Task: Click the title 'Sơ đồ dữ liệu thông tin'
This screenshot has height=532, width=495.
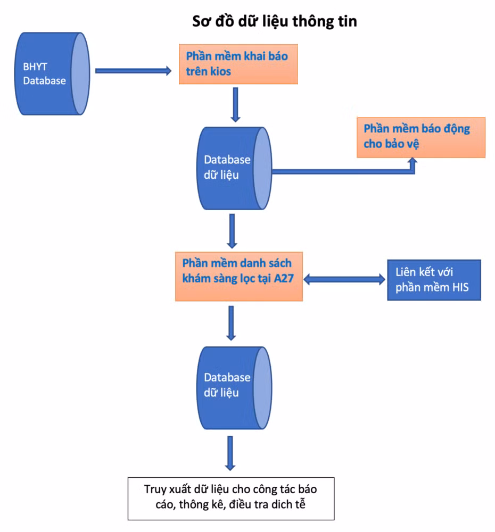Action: pos(274,21)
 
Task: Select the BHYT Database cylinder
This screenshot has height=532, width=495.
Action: pos(52,73)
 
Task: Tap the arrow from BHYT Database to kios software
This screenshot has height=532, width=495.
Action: pos(134,71)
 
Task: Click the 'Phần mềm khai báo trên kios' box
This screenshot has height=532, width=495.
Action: pos(238,64)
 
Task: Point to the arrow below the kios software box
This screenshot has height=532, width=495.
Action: pos(235,104)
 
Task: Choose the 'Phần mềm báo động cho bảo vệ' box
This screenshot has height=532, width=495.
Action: pos(421,137)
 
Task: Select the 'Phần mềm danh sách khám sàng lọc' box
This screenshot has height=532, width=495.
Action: pos(238,276)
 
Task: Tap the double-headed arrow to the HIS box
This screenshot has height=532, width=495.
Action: pos(344,280)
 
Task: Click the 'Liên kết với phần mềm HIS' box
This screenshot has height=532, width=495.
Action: pos(434,280)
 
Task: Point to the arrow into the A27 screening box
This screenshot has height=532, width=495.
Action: pos(232,231)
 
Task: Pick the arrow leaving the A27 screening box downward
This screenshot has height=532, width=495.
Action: pos(231,323)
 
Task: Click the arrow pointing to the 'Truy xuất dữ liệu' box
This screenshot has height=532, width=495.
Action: pos(230,453)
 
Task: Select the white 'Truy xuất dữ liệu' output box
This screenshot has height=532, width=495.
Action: pos(231,498)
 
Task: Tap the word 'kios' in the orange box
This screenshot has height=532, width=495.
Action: pos(220,72)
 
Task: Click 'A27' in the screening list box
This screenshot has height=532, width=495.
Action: pos(284,278)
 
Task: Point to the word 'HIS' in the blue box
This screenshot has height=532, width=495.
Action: pos(460,287)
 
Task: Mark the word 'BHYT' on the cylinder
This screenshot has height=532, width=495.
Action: pos(35,66)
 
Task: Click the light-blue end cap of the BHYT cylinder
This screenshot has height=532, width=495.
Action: pos(80,73)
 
